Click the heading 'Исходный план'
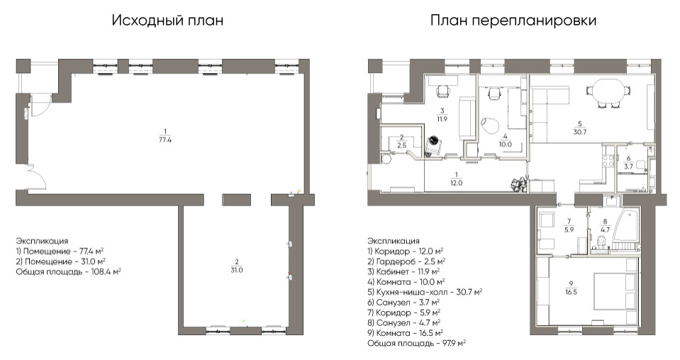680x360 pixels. point(167,21)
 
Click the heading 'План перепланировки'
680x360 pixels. point(513,21)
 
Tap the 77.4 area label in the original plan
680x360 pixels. point(165,140)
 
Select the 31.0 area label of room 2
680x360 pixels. point(236,270)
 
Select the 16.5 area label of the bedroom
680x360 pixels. point(571,292)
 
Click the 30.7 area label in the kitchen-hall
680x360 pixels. point(580,132)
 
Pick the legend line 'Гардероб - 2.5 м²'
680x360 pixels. point(406,261)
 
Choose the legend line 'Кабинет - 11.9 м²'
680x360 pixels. point(403,271)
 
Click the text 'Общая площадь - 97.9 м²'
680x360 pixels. point(417,343)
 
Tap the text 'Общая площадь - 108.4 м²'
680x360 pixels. point(69,271)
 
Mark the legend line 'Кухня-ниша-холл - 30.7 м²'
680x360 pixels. point(425,292)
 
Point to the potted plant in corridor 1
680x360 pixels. point(518,184)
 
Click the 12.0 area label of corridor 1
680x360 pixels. point(456,183)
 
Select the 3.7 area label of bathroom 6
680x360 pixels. point(629,166)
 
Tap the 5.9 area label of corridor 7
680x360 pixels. point(569,230)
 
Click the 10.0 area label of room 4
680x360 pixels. point(506,145)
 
